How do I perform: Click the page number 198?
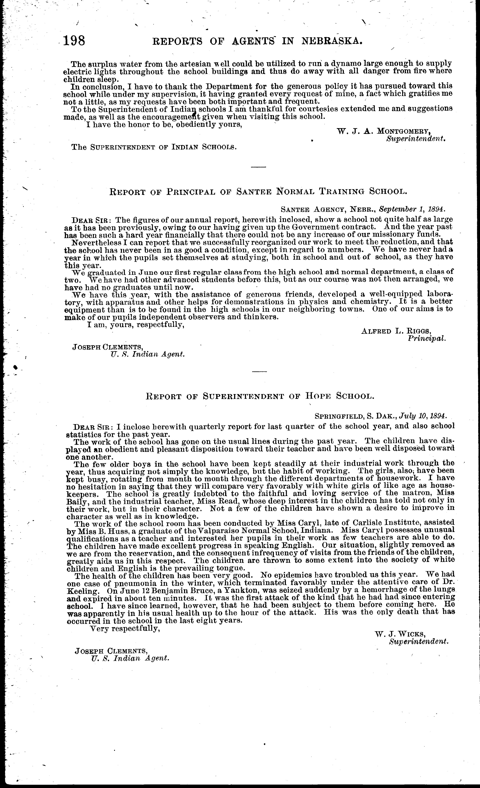tap(74, 41)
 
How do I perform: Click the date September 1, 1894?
tap(412, 209)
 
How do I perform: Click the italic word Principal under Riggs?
tap(427, 338)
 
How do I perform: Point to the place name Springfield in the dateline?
tap(339, 416)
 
